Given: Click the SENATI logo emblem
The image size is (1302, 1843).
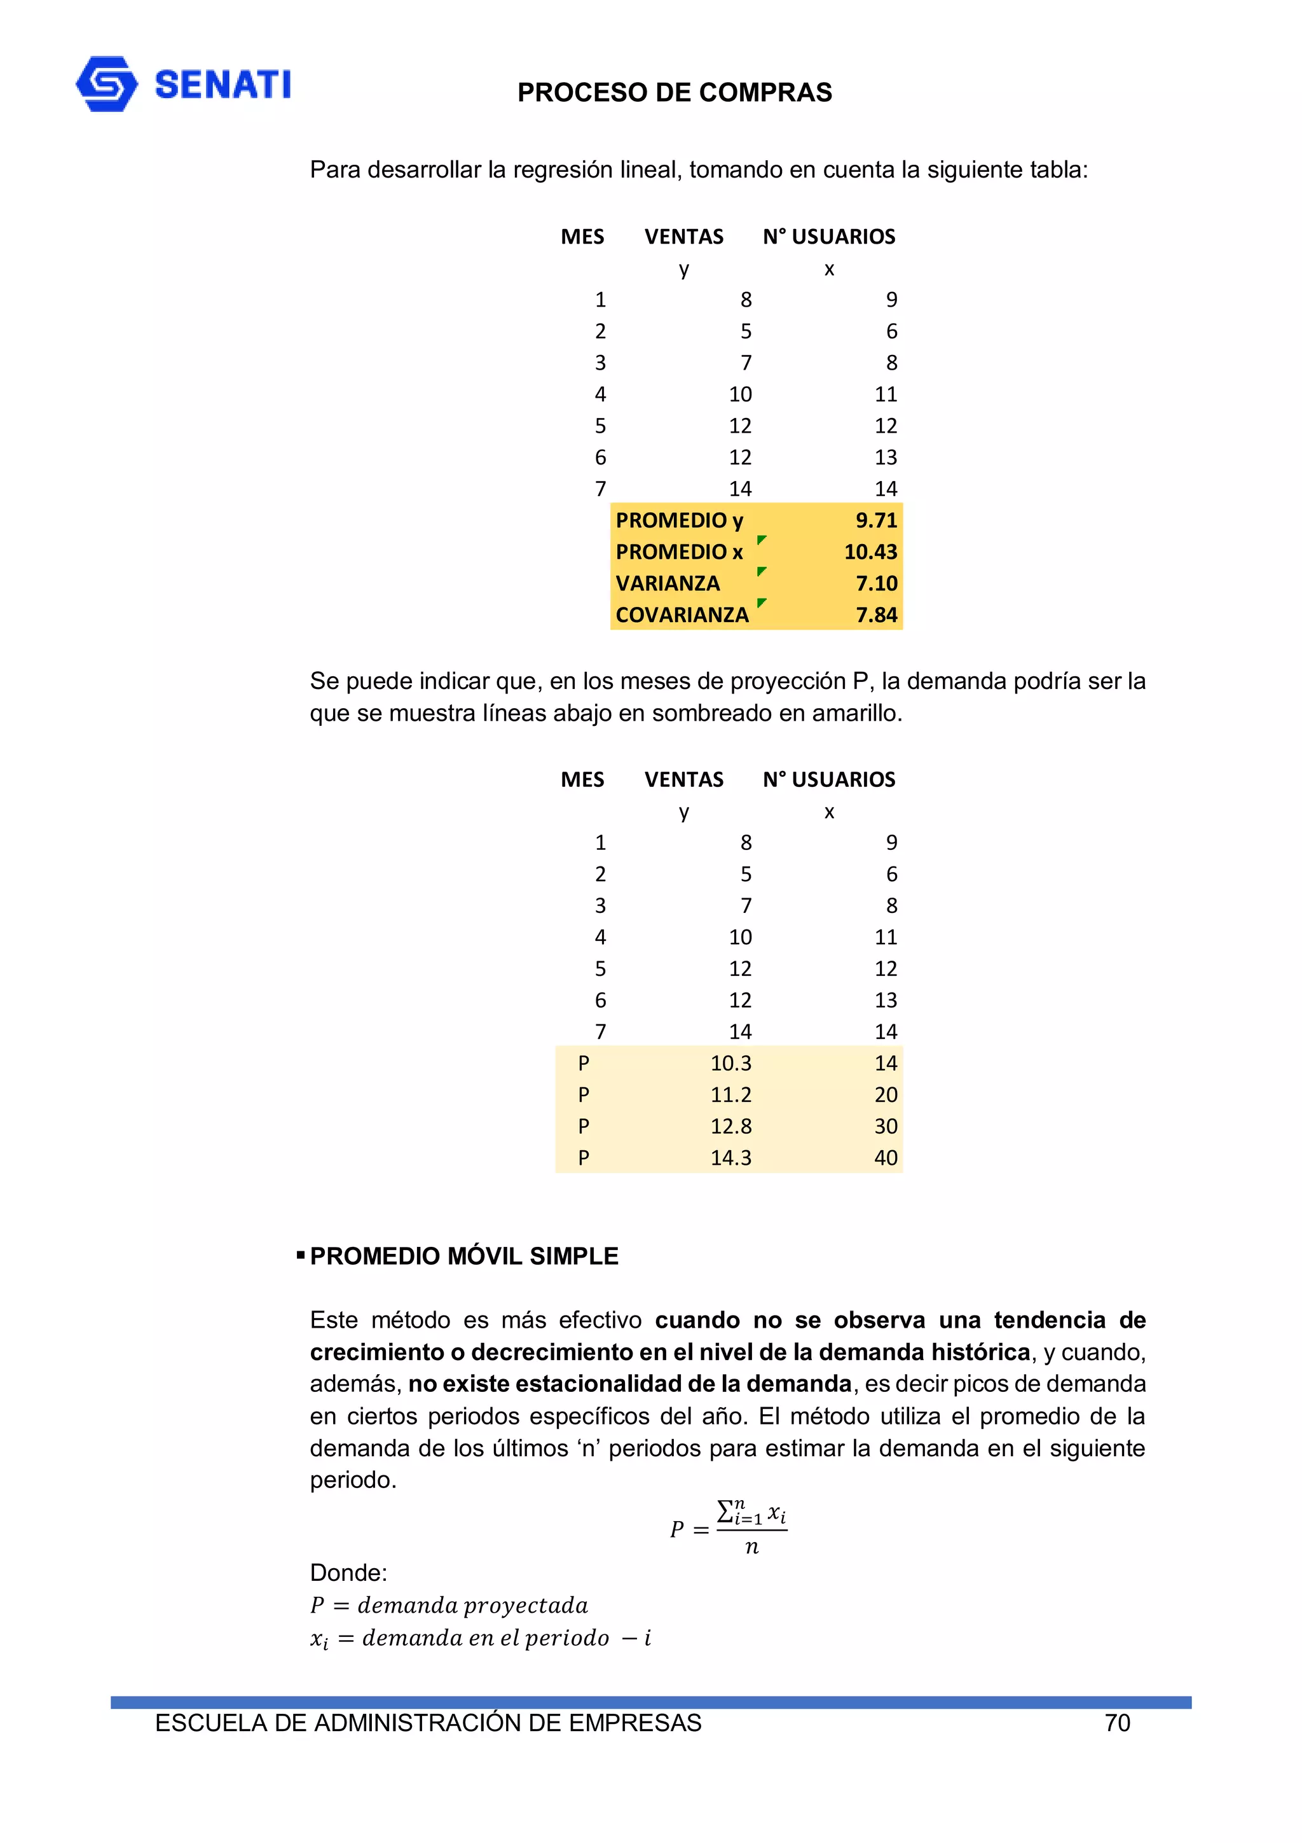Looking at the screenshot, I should tap(107, 83).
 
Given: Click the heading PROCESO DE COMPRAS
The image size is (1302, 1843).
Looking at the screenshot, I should tap(674, 92).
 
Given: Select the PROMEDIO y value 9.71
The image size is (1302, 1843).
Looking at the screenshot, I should tap(876, 520).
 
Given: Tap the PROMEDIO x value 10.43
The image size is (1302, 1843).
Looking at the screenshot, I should tap(870, 552).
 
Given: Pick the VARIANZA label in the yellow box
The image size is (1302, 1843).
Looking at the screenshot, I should tap(668, 583).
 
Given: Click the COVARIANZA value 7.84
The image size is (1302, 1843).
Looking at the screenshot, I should tap(876, 615).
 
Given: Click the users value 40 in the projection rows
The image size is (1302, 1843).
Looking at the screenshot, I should tap(886, 1157).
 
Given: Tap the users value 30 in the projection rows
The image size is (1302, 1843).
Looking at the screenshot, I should tap(886, 1126).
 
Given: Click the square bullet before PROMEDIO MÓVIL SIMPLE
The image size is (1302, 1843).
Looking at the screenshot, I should tap(301, 1255).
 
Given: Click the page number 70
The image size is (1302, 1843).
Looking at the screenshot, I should tap(1117, 1723).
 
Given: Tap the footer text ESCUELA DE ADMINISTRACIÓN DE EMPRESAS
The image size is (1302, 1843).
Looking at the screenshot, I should tap(428, 1723).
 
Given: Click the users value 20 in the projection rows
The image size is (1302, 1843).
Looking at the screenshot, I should tap(886, 1095).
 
